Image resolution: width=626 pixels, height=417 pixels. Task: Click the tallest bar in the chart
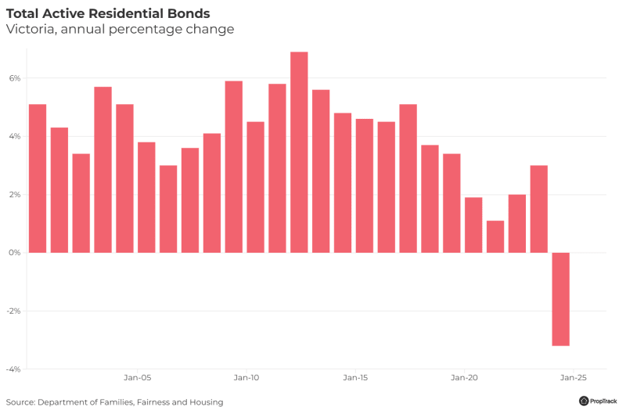pyautogui.click(x=299, y=152)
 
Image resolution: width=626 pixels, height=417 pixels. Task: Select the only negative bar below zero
pyautogui.click(x=560, y=299)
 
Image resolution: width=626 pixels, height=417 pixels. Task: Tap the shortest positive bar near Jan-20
pyautogui.click(x=495, y=236)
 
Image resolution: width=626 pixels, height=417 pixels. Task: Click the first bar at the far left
pyautogui.click(x=38, y=178)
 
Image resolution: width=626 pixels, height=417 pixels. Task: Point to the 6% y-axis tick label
pyautogui.click(x=15, y=78)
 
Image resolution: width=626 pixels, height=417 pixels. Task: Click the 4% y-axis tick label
pyautogui.click(x=15, y=136)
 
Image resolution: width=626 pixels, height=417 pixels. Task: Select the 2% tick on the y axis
pyautogui.click(x=15, y=195)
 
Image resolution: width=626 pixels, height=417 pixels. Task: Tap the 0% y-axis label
pyautogui.click(x=15, y=253)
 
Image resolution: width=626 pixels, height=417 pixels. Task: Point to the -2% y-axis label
pyautogui.click(x=14, y=311)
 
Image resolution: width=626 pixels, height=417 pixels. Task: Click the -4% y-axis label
pyautogui.click(x=14, y=368)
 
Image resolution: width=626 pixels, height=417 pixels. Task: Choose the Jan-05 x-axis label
pyautogui.click(x=137, y=376)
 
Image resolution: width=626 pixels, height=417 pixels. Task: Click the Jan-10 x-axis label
pyautogui.click(x=246, y=376)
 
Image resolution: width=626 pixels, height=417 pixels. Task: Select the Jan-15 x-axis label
pyautogui.click(x=355, y=376)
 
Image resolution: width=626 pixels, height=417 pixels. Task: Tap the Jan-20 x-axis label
pyautogui.click(x=464, y=376)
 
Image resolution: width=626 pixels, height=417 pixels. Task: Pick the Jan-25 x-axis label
pyautogui.click(x=574, y=376)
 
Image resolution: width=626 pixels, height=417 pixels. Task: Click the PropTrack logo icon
pyautogui.click(x=584, y=401)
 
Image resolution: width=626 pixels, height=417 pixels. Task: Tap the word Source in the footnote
pyautogui.click(x=20, y=402)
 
